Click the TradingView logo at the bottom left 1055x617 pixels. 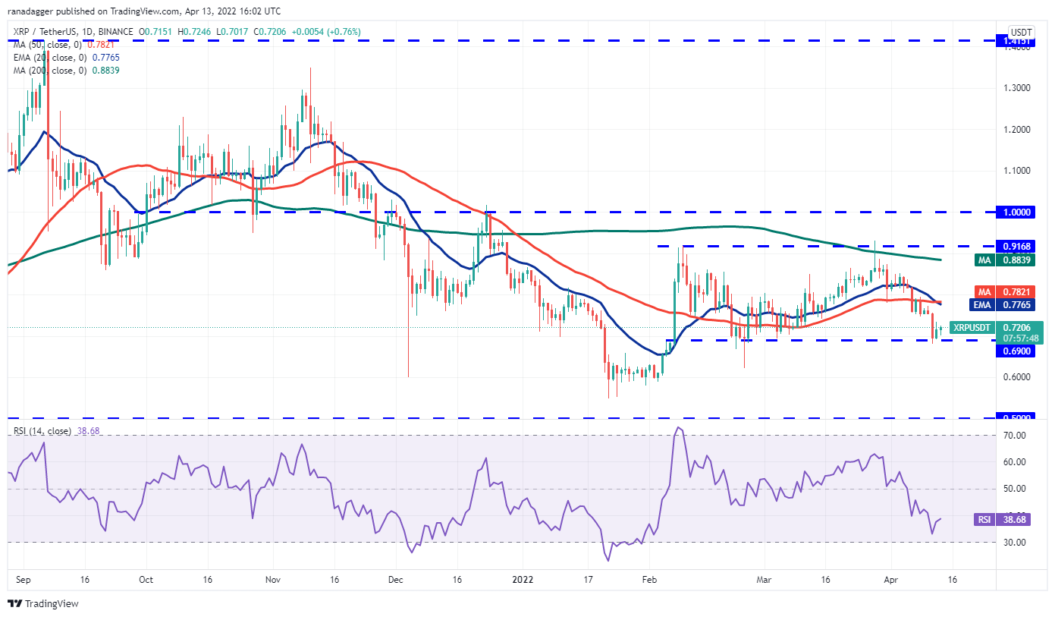click(43, 603)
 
